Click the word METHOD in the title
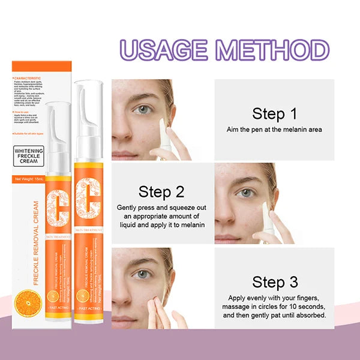277,50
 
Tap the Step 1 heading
274,113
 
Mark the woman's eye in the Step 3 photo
142,274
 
